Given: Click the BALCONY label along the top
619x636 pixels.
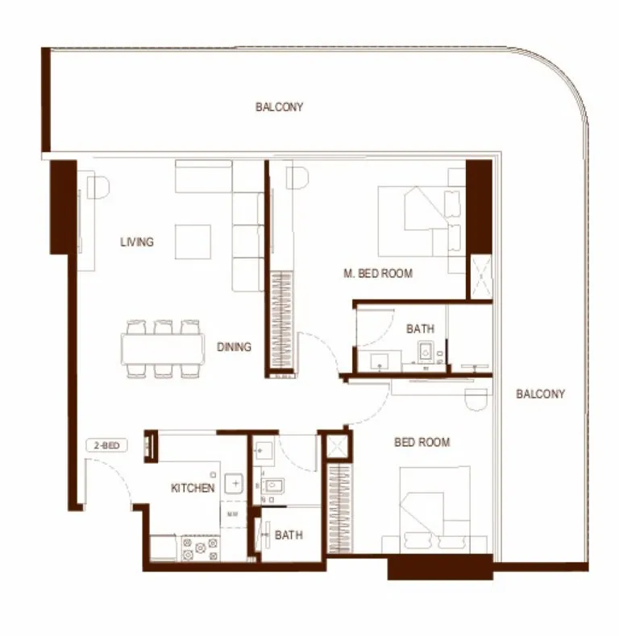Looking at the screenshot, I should pos(279,107).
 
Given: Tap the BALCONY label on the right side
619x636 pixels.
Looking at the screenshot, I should pos(540,394).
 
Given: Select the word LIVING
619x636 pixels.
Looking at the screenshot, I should pos(137,242).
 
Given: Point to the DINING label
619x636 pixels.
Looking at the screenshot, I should pos(234,347).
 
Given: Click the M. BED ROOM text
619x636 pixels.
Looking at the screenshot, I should pos(377,274).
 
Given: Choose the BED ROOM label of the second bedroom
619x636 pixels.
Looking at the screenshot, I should pos(422,442).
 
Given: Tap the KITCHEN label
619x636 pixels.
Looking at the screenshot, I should pos(193,488).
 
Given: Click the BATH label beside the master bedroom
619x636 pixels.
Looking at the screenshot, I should pos(420,328).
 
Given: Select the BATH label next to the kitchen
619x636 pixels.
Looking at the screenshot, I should pos(289,535).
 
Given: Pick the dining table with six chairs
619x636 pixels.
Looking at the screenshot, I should pos(163,348).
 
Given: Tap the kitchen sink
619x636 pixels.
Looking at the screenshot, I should pos(235,483).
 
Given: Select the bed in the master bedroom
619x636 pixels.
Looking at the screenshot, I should pos(420,220).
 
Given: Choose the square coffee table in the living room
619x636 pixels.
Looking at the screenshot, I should pos(193,242).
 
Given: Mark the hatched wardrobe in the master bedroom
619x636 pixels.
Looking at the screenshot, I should pos(282,323).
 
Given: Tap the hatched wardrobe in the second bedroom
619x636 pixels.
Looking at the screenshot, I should pos(339,507).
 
